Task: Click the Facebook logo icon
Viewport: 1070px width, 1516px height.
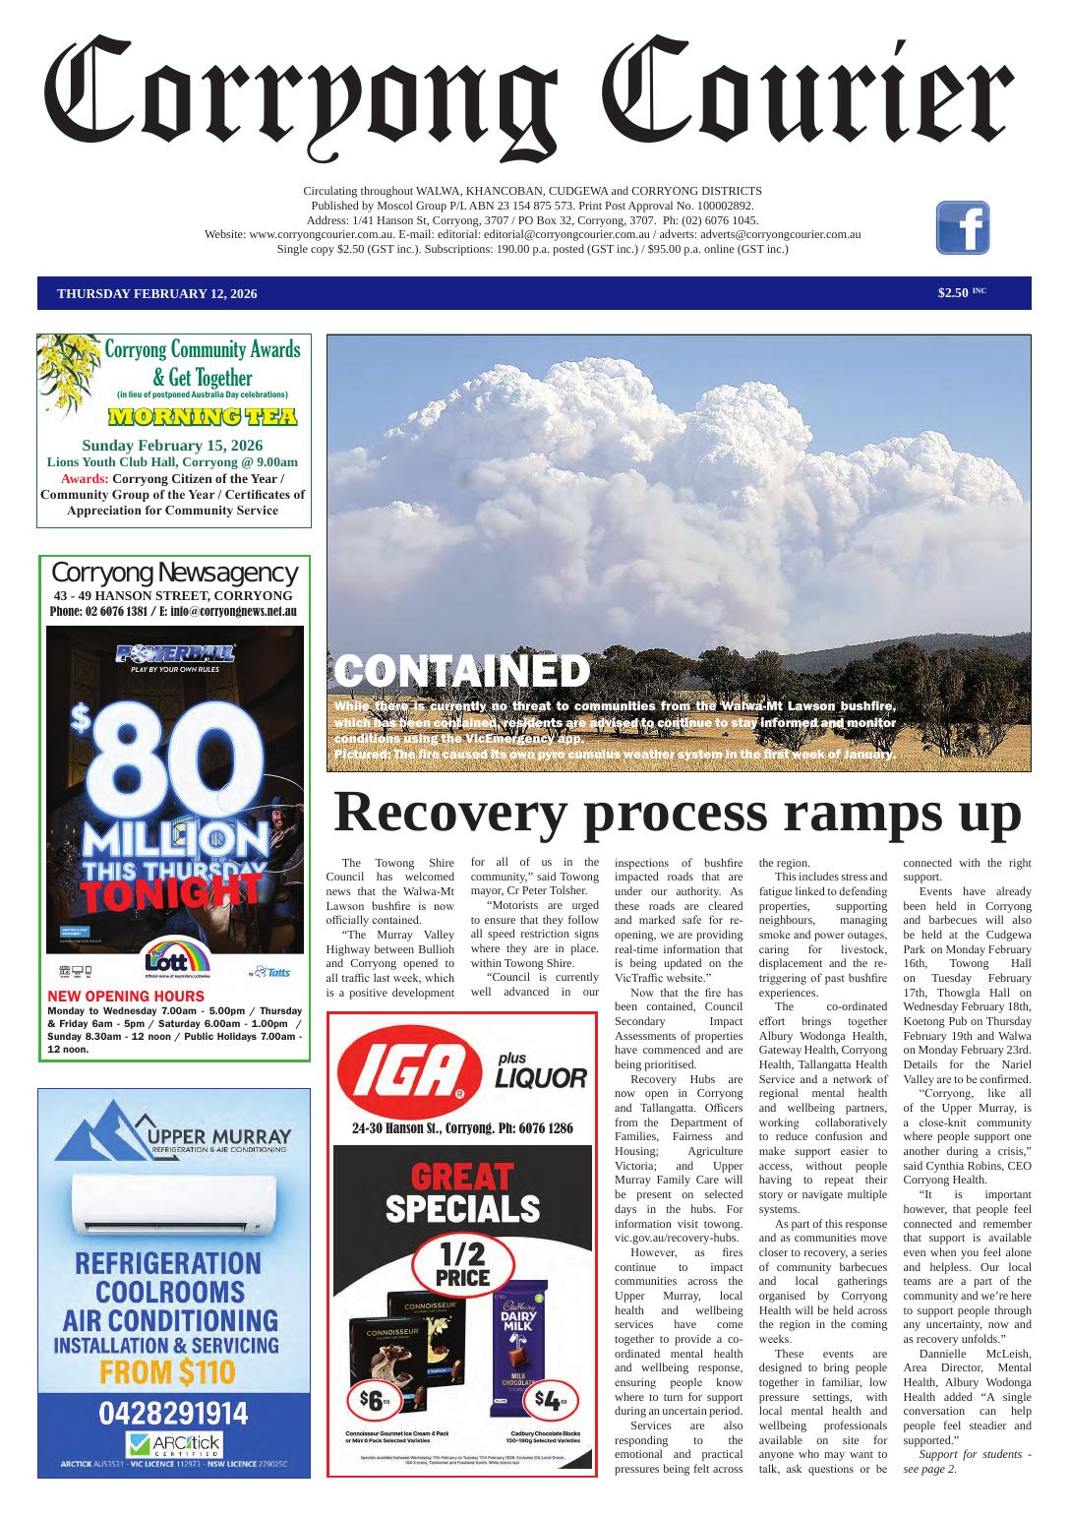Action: (x=962, y=227)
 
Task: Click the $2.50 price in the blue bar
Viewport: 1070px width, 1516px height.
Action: (x=953, y=292)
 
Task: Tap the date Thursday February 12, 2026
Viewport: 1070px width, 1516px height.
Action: (x=157, y=293)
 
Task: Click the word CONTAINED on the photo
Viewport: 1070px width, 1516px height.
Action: (x=462, y=672)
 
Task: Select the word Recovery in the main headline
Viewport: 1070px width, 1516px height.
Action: (x=451, y=814)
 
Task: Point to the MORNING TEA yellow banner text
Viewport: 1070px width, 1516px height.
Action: (x=202, y=416)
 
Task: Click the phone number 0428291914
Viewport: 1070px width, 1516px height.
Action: (x=173, y=1414)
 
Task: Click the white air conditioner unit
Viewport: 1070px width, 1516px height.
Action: (x=174, y=1199)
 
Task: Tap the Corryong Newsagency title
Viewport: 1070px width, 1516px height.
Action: (x=174, y=573)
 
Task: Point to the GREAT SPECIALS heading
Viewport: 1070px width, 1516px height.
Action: (x=462, y=1192)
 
